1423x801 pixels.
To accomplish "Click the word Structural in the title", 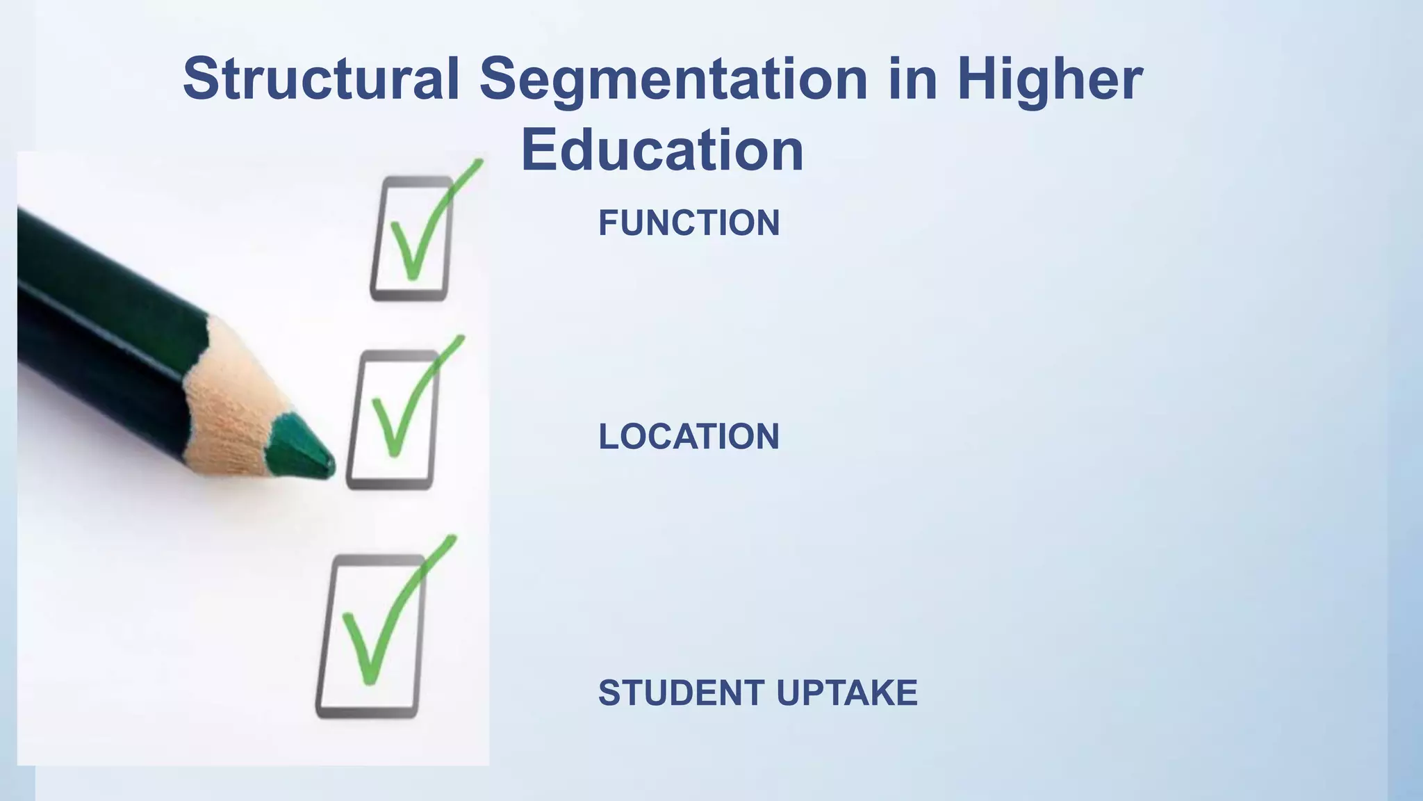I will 321,79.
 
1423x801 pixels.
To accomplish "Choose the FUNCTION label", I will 689,223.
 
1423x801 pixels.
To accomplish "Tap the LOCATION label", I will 689,437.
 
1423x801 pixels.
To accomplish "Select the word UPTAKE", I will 846,693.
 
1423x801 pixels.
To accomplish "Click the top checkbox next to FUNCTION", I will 411,238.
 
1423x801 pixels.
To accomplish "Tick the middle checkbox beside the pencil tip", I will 393,419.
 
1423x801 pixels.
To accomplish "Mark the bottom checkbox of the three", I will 371,636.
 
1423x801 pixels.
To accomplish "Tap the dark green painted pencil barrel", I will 104,313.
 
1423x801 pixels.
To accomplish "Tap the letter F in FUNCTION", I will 607,223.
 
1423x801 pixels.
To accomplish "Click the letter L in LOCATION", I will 607,437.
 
